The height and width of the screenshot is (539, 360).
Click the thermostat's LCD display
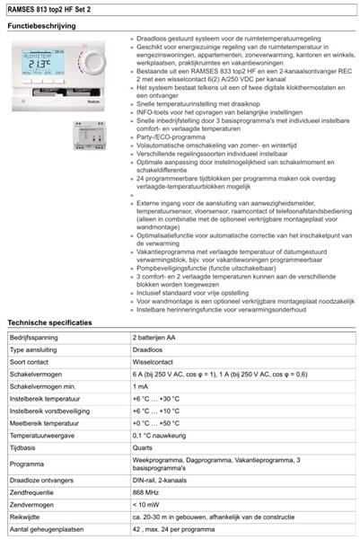(x=45, y=66)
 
